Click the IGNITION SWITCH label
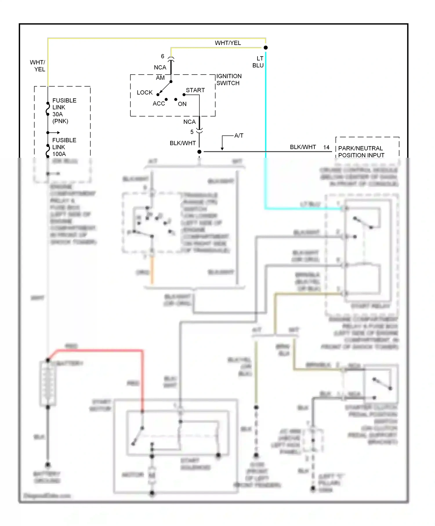(x=229, y=79)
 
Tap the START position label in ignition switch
(x=195, y=90)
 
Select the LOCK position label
(x=144, y=92)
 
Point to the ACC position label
(x=159, y=104)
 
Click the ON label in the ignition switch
(x=182, y=104)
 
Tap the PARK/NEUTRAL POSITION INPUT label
(x=361, y=152)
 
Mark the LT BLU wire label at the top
(x=258, y=62)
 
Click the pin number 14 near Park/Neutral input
(x=326, y=147)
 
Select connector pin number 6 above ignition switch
(x=162, y=56)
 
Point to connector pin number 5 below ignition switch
(x=192, y=132)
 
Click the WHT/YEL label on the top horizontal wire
(x=228, y=43)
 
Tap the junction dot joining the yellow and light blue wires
(x=265, y=48)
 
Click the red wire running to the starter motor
(x=142, y=377)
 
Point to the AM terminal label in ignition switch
(x=160, y=78)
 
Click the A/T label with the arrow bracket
(x=238, y=135)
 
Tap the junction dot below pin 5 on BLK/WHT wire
(x=199, y=152)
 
